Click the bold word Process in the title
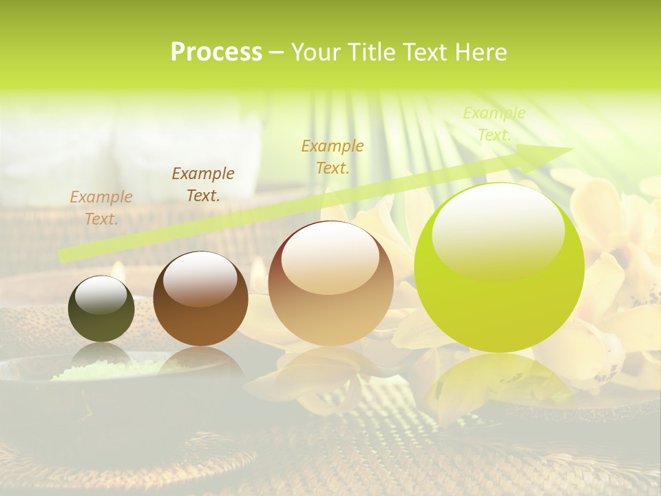pos(216,52)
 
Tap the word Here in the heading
pos(482,52)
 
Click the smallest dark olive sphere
pos(101,309)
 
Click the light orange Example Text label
pos(101,207)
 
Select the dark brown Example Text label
pos(203,184)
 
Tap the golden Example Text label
pos(333,156)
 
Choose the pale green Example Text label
pos(494,124)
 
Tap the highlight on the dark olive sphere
pos(101,295)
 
